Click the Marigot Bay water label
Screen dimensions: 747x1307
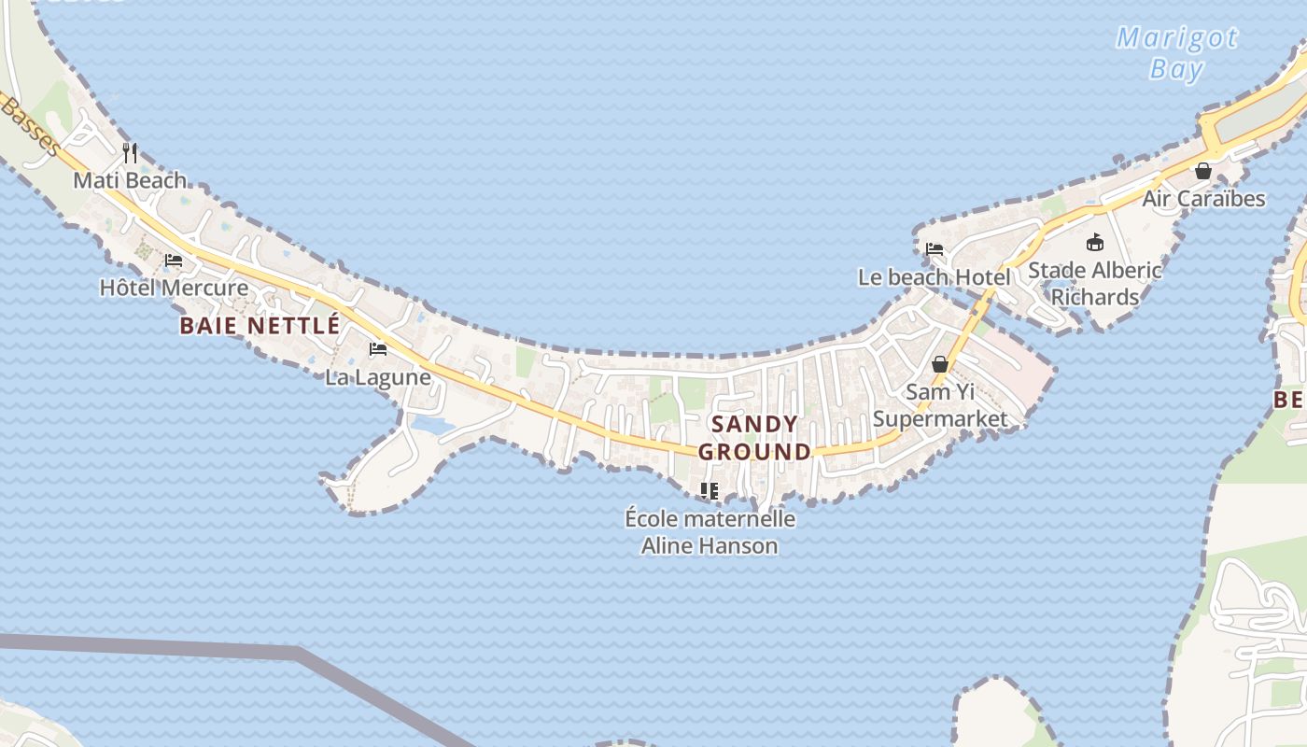pos(1176,53)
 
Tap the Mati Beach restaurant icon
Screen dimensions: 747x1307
pos(131,152)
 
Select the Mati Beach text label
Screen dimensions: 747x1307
pos(130,180)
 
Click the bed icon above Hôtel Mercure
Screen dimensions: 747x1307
pos(174,260)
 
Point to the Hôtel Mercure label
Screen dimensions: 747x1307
pos(174,288)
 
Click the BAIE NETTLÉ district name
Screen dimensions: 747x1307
pos(260,325)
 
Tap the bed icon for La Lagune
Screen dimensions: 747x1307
pos(378,349)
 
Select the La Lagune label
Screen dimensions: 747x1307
pos(378,377)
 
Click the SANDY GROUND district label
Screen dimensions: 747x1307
pos(754,438)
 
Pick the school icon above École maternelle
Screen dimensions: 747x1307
pos(710,490)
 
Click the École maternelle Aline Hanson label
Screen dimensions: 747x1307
pos(710,532)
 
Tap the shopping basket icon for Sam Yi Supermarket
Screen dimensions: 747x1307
pos(940,363)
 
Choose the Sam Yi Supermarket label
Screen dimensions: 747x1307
pos(940,405)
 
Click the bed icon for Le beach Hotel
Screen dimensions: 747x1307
pos(935,249)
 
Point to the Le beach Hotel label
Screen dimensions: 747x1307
pos(934,277)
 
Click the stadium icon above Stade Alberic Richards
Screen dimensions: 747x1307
pos(1095,243)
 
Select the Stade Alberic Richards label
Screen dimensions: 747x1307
pos(1095,284)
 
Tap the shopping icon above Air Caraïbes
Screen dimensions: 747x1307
pos(1203,171)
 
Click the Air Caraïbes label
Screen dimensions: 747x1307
pos(1203,199)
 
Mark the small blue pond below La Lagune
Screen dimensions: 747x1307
pos(431,426)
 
